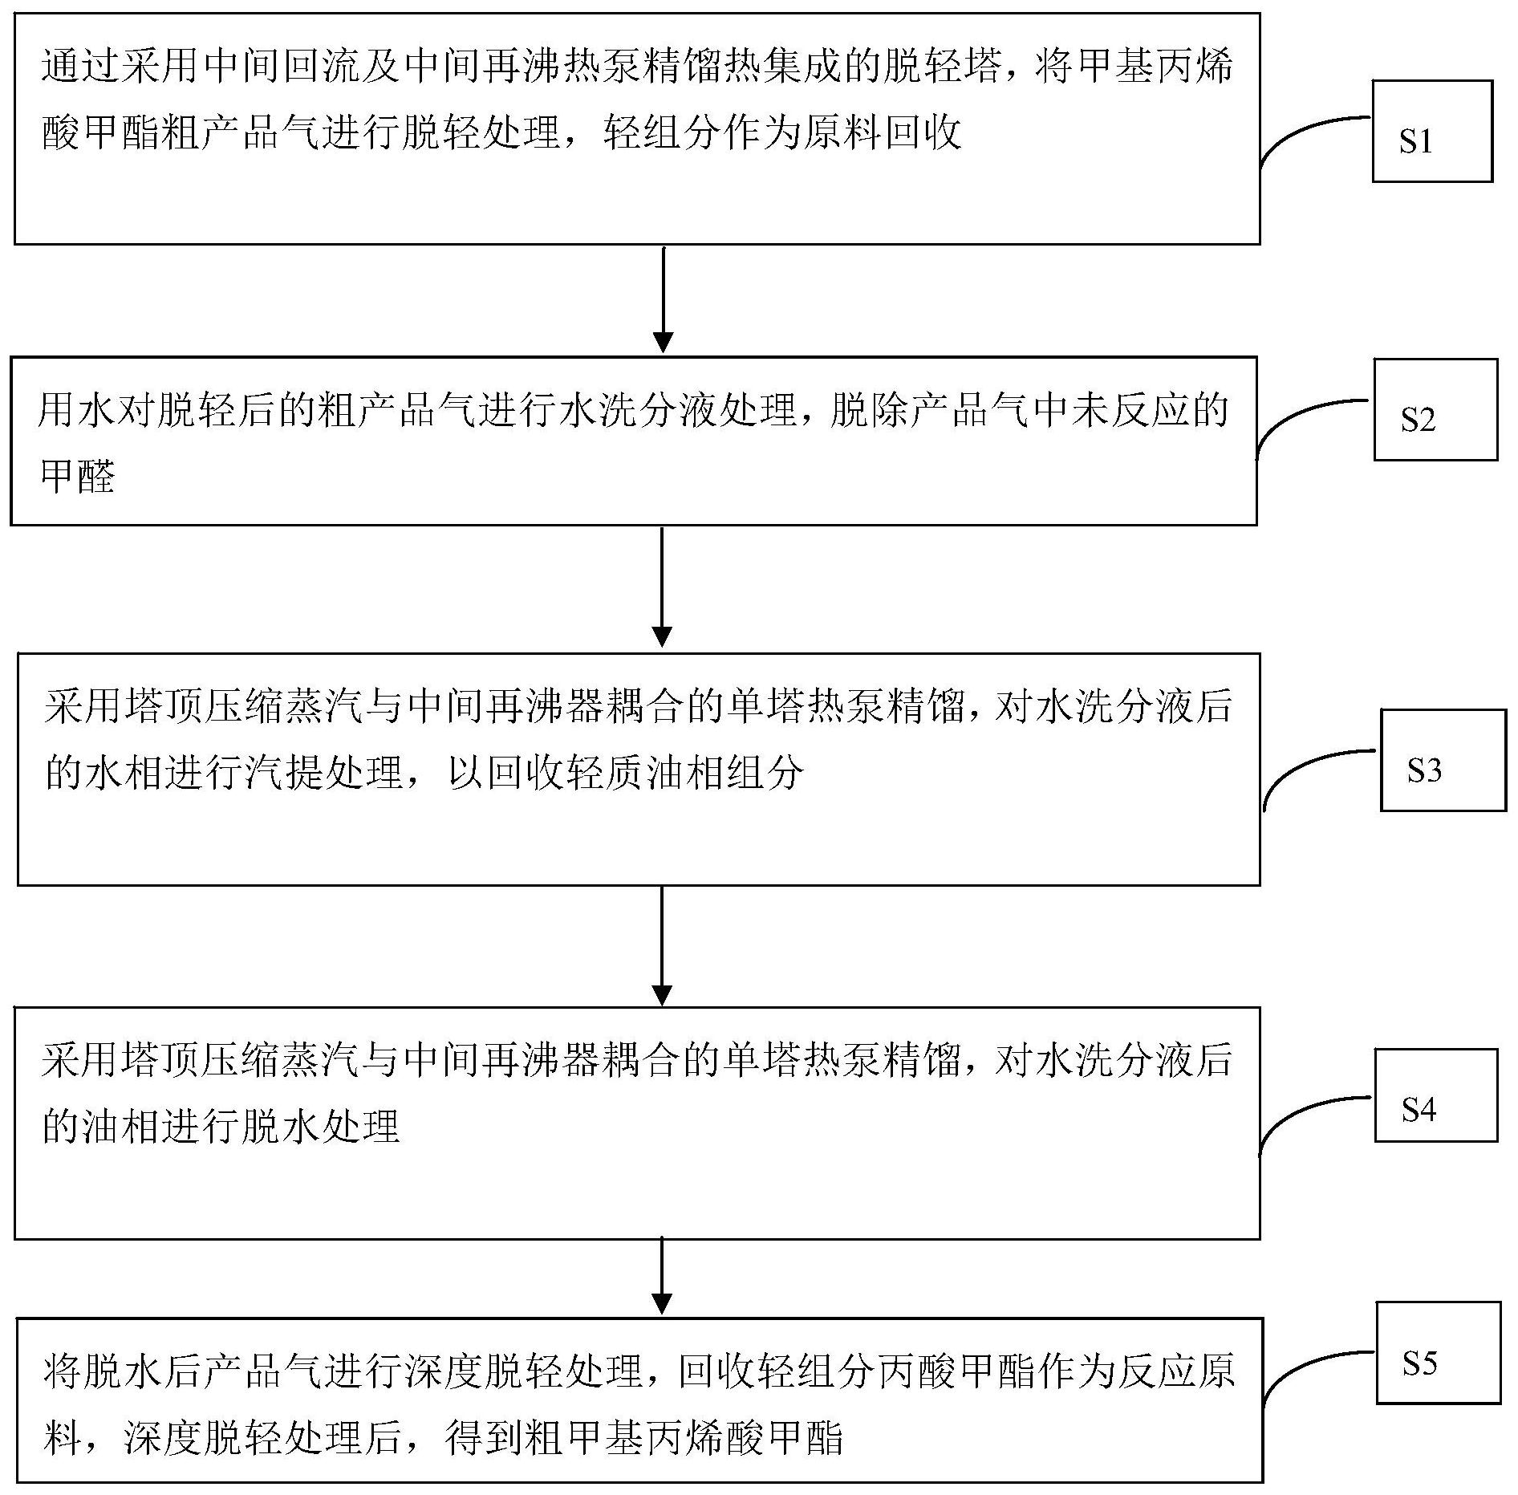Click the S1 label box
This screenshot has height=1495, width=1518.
point(1432,131)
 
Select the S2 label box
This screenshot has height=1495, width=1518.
point(1435,409)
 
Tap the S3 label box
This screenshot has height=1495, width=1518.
point(1443,760)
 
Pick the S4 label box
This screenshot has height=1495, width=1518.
point(1436,1095)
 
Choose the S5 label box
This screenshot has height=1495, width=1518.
point(1439,1352)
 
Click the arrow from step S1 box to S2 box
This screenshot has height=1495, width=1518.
point(663,299)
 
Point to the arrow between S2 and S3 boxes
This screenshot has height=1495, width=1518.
point(662,587)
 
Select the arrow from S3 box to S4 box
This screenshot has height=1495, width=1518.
point(662,945)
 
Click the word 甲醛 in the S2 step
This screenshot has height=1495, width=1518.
point(78,477)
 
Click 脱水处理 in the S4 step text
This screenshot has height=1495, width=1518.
point(321,1126)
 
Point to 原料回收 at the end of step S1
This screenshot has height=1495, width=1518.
point(883,132)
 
